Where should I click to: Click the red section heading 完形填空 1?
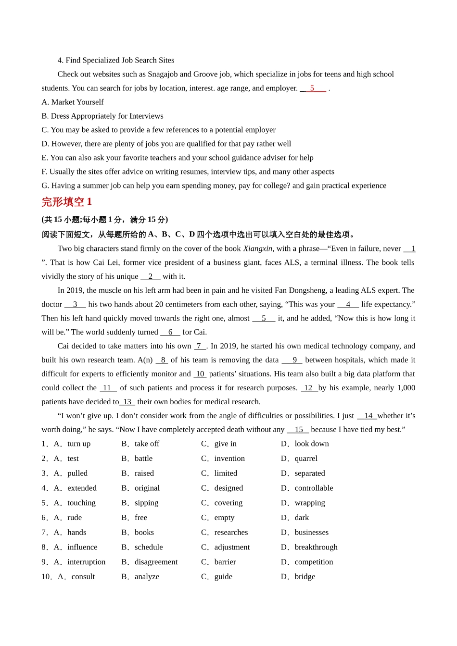tap(66, 202)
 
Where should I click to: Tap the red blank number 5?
tap(312, 88)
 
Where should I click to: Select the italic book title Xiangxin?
tap(257, 248)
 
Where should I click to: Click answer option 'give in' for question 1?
tap(225, 444)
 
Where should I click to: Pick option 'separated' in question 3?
tap(309, 473)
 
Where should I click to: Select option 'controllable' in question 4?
tap(314, 488)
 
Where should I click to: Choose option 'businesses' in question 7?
tap(311, 533)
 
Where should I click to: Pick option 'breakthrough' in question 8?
tap(316, 547)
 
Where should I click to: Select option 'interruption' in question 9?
tap(86, 562)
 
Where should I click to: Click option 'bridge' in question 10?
tap(305, 577)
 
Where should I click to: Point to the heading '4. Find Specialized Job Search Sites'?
tap(115, 60)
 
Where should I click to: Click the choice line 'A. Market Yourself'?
tap(73, 102)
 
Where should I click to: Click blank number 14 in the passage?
tap(368, 416)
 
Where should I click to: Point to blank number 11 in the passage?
tap(107, 388)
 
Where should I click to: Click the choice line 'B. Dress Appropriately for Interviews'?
tap(102, 116)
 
